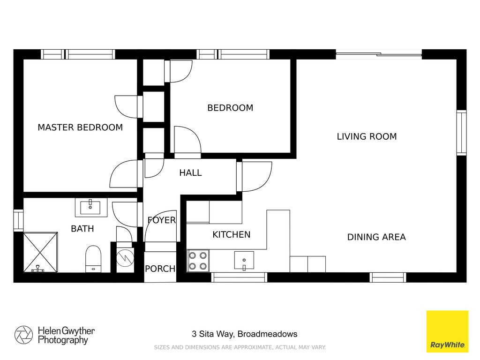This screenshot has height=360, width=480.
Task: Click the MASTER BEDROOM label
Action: pyautogui.click(x=80, y=127)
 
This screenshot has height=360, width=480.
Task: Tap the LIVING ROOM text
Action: pyautogui.click(x=367, y=136)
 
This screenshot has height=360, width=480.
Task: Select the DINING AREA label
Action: pyautogui.click(x=376, y=237)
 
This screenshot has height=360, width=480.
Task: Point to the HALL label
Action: pyautogui.click(x=190, y=173)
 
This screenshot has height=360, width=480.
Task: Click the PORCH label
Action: pyautogui.click(x=160, y=269)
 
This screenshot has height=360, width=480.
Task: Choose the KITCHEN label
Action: pyautogui.click(x=232, y=235)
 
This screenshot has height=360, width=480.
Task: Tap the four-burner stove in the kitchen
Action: pyautogui.click(x=198, y=261)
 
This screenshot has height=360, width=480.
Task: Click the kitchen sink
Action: pyautogui.click(x=244, y=261)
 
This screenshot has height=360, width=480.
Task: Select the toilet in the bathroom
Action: pyautogui.click(x=93, y=259)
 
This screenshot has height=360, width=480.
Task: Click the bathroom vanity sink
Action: pyautogui.click(x=90, y=207)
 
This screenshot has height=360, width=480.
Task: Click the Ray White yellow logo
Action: pyautogui.click(x=447, y=331)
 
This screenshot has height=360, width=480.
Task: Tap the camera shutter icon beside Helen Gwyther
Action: pyautogui.click(x=23, y=335)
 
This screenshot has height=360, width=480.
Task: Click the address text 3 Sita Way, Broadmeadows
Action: pyautogui.click(x=244, y=334)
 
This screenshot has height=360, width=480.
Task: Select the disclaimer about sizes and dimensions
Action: pyautogui.click(x=240, y=347)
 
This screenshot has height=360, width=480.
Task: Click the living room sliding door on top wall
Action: pyautogui.click(x=379, y=54)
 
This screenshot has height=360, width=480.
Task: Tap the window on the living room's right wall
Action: pyautogui.click(x=462, y=133)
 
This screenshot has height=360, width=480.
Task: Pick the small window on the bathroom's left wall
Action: pyautogui.click(x=18, y=220)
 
